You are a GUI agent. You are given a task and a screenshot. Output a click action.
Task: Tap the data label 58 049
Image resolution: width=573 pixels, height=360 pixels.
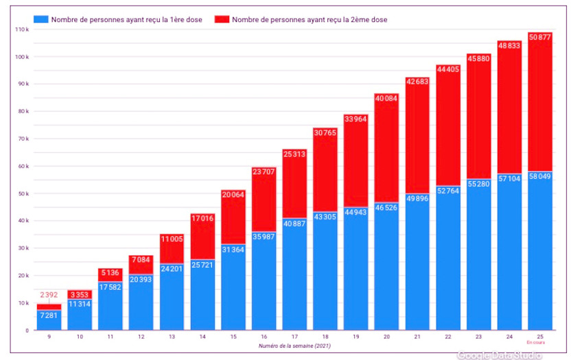pos(540,176)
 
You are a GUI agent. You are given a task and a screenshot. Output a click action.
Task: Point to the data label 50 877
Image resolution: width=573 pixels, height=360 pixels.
pos(540,37)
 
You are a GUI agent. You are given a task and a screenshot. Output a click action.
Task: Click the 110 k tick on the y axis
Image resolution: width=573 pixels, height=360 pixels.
pos(21,29)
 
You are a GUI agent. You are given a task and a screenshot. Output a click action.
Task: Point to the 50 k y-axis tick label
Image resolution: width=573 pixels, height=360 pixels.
pos(23,193)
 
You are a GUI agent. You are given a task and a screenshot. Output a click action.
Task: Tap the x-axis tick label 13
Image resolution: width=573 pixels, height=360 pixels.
pos(172,337)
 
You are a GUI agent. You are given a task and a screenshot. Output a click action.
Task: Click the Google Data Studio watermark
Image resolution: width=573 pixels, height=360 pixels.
pos(499,355)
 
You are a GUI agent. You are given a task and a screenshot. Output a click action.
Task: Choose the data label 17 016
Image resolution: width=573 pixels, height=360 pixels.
pos(202,218)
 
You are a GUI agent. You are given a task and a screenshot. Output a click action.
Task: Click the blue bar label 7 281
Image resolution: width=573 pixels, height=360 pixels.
pos(49,315)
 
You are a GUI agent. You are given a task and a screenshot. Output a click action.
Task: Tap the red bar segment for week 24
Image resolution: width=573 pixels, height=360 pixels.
pos(509,110)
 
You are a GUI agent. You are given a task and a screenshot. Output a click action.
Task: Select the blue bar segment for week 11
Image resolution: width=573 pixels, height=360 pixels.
pos(110,309)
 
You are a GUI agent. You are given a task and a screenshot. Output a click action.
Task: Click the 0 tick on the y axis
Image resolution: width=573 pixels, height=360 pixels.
pos(27,331)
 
